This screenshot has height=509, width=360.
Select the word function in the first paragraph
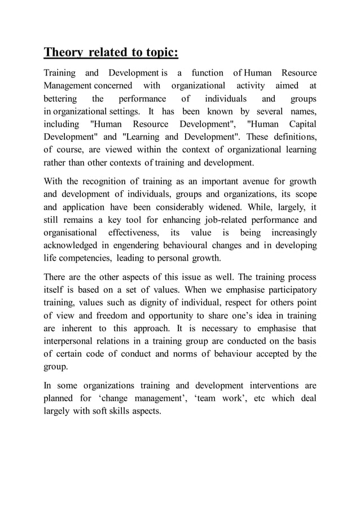(207, 73)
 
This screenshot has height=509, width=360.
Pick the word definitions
(289, 136)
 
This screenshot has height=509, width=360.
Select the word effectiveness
(131, 232)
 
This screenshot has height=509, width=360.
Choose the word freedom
(110, 316)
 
